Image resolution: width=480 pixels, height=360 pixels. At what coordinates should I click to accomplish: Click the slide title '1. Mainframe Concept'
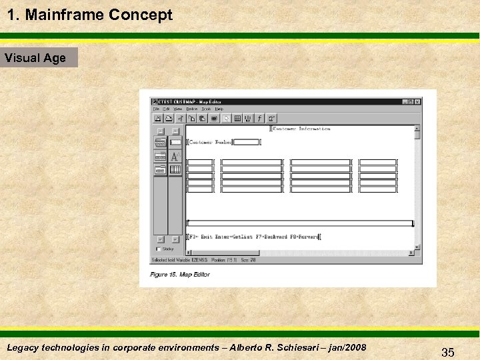90,15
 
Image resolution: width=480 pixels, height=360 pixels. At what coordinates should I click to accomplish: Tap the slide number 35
447,353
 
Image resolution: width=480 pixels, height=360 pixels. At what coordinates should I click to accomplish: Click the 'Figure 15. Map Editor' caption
180,275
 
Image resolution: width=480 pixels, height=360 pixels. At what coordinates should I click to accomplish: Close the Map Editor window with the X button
417,101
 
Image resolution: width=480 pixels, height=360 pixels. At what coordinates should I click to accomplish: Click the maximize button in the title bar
411,101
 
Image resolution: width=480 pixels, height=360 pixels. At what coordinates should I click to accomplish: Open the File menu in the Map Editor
156,109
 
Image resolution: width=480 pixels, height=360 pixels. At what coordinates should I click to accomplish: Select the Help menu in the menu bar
219,109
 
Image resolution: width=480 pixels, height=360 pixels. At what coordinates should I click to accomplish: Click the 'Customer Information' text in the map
302,128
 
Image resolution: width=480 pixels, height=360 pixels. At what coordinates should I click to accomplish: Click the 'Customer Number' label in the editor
211,141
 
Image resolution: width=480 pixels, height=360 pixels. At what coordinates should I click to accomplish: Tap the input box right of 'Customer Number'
247,141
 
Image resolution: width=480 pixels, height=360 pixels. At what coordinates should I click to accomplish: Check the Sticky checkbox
158,249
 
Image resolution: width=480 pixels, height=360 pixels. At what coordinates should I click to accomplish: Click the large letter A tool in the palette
175,156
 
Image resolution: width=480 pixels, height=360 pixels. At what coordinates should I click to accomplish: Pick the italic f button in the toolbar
259,119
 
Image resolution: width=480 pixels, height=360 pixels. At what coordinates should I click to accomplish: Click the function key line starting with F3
253,237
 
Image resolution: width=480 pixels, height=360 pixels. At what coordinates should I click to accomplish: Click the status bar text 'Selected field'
165,260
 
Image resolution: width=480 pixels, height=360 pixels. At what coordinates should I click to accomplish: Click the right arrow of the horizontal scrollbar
410,253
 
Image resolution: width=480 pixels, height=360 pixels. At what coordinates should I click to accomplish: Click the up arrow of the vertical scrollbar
417,128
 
